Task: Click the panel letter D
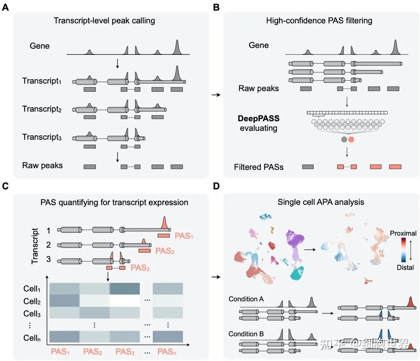(x=216, y=186)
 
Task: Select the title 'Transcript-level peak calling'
(x=104, y=20)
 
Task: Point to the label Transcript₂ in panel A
(x=42, y=109)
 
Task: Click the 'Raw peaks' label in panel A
(x=42, y=165)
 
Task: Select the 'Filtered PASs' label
(x=259, y=167)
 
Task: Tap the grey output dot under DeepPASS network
(x=344, y=139)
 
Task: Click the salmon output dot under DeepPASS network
(x=351, y=139)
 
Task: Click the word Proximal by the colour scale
(x=404, y=233)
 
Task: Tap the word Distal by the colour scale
(x=405, y=267)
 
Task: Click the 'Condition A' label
(x=247, y=299)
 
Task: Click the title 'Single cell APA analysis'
(x=318, y=202)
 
